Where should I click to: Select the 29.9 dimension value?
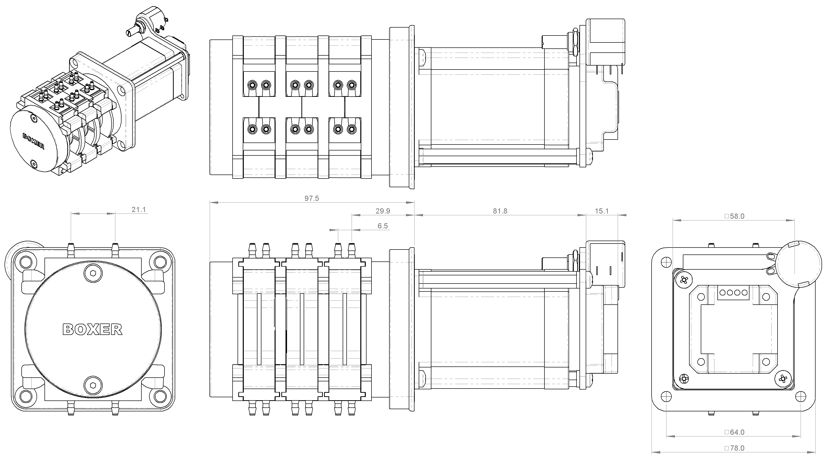tap(383, 211)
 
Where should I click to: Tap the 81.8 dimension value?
tap(500, 211)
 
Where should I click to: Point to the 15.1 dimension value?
tap(602, 211)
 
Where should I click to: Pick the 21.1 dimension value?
tap(139, 210)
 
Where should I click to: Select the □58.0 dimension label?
tap(734, 216)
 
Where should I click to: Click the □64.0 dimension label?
tap(734, 432)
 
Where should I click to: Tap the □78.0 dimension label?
tap(734, 448)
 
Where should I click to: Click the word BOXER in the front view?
tap(92, 329)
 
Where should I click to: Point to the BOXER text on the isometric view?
tap(33, 141)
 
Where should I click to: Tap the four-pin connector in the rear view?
tap(734, 292)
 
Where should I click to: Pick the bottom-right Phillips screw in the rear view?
tap(783, 379)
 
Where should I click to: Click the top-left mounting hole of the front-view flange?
tap(25, 262)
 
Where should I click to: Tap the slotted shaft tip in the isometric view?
tap(129, 33)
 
